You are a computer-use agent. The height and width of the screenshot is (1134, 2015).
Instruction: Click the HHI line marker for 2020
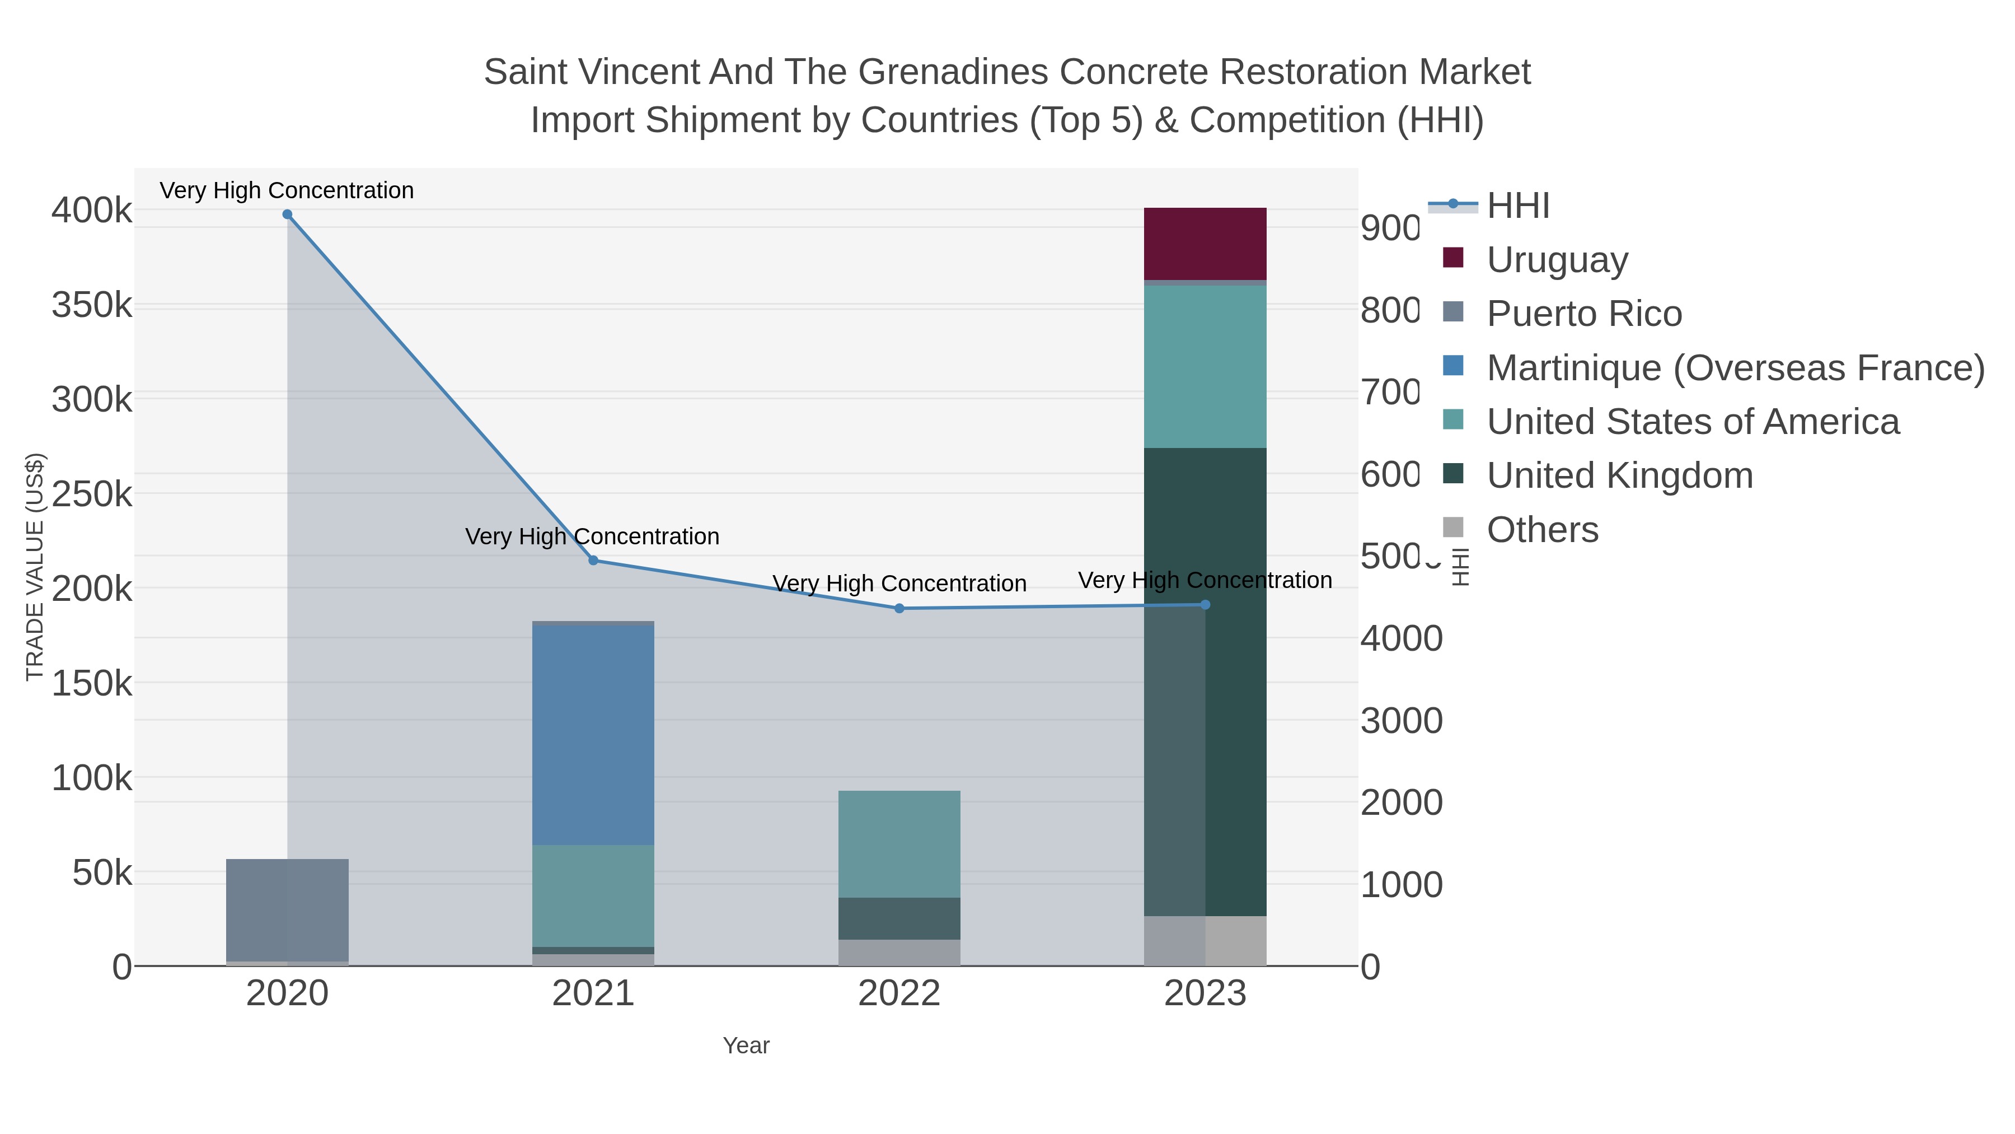[x=287, y=214]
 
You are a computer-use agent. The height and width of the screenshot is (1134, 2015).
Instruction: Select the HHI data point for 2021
[x=593, y=561]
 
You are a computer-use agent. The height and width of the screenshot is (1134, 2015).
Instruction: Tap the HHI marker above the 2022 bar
[x=899, y=609]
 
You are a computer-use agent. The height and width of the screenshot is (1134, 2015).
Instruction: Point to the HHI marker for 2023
[x=1205, y=605]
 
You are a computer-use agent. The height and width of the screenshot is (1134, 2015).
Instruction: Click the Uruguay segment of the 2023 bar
[x=1205, y=244]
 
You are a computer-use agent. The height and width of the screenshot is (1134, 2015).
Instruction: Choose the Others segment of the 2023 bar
[x=1236, y=941]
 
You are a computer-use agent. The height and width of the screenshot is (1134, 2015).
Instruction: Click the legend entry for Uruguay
[x=1557, y=260]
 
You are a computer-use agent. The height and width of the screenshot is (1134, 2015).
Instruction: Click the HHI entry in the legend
[x=1517, y=206]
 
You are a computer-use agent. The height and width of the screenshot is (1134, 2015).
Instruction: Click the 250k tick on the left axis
[x=92, y=494]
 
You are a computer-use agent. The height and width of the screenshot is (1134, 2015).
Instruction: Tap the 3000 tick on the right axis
[x=1401, y=721]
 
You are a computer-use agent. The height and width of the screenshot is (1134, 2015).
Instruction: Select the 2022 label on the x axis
[x=899, y=994]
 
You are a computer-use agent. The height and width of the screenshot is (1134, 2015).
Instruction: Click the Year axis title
[x=746, y=1046]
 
